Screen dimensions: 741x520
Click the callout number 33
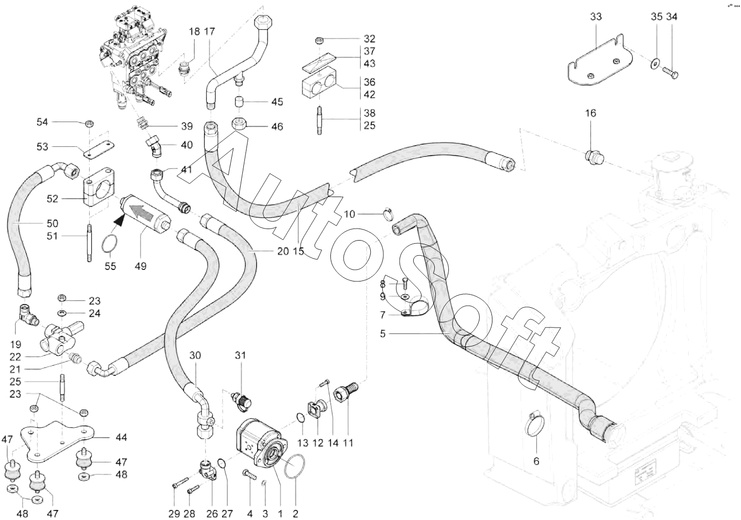[x=596, y=17]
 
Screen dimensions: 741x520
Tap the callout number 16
[x=590, y=113]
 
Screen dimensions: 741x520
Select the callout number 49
[x=141, y=266]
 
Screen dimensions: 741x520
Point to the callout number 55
[x=111, y=266]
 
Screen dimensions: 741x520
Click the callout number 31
[x=241, y=355]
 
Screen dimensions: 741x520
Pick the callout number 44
[x=122, y=437]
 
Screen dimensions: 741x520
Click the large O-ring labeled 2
[x=295, y=466]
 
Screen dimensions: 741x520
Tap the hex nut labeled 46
[x=239, y=124]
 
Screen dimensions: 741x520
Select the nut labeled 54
[x=89, y=124]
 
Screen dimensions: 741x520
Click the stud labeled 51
[x=89, y=243]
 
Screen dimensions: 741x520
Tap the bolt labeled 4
[x=250, y=474]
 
